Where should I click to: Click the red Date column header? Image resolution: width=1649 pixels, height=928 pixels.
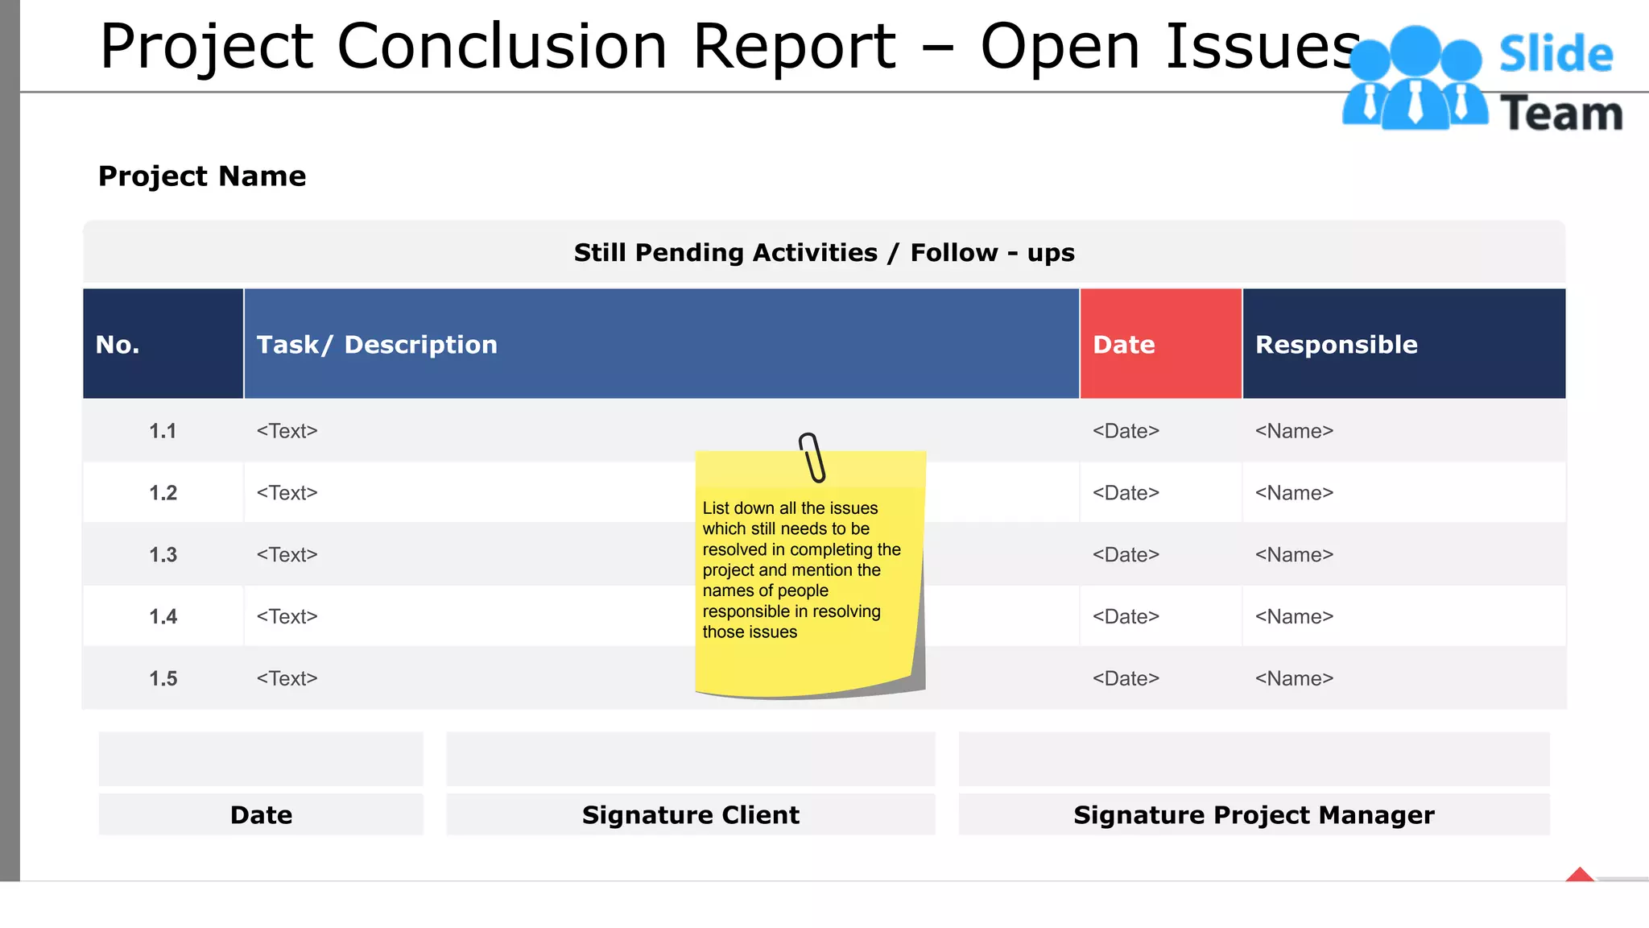coord(1159,344)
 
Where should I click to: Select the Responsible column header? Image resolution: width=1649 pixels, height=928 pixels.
coord(1403,344)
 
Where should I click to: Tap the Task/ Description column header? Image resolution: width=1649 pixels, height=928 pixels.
coord(660,344)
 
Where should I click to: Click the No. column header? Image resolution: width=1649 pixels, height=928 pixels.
coord(163,344)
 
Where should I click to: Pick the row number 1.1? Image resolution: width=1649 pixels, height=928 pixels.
coord(163,431)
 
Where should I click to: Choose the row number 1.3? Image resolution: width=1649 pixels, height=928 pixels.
coord(163,555)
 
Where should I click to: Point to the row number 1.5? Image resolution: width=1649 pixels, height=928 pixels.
coord(163,678)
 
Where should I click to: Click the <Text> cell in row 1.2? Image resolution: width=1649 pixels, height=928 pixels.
coord(287,493)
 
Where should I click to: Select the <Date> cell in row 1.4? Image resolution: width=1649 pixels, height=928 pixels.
coord(1126,617)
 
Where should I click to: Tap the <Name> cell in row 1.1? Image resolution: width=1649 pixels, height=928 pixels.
coord(1294,431)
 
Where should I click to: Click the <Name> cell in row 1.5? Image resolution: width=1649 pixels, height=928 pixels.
coord(1294,678)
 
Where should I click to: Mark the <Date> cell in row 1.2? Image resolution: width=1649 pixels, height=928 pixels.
coord(1126,493)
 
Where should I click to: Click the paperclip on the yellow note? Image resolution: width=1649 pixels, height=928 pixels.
coord(812,458)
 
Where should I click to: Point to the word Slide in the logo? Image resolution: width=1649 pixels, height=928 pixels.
coord(1556,55)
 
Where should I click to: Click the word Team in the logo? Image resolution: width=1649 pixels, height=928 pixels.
coord(1561,114)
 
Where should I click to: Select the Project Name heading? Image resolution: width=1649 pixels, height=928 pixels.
coord(202,176)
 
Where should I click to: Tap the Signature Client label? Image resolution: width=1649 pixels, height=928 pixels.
coord(691,814)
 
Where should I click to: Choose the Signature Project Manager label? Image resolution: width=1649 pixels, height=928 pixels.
coord(1254,814)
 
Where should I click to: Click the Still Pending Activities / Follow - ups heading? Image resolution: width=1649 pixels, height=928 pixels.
coord(824,253)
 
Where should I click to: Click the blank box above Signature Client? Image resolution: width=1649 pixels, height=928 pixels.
coord(691,759)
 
